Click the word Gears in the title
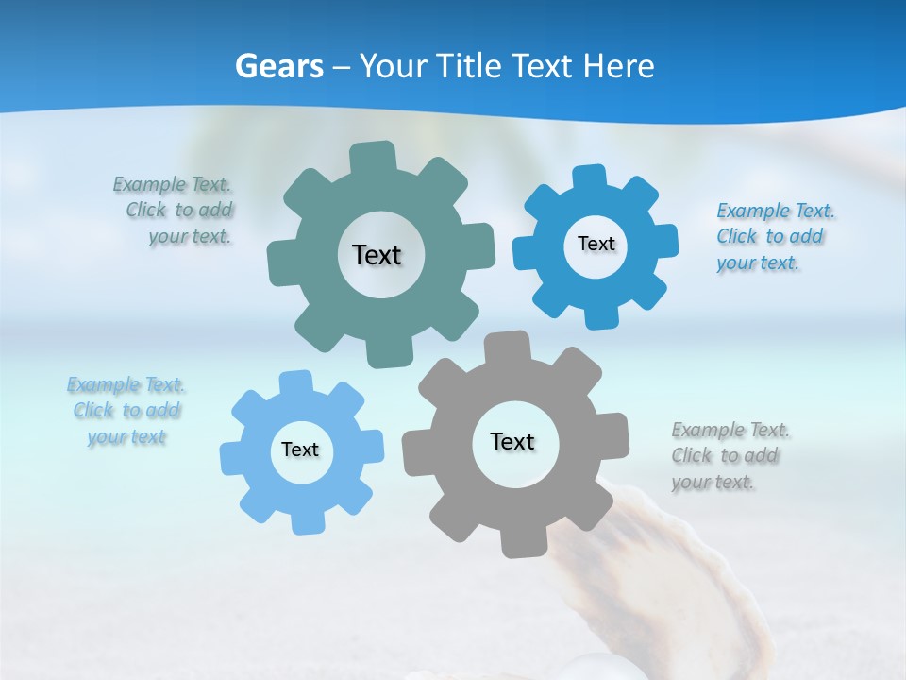click(278, 66)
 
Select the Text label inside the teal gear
click(377, 255)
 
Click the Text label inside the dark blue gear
click(596, 244)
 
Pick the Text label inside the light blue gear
click(300, 450)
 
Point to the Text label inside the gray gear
click(512, 441)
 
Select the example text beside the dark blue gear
click(774, 236)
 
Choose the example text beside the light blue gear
click(126, 411)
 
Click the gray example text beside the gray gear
click(729, 455)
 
